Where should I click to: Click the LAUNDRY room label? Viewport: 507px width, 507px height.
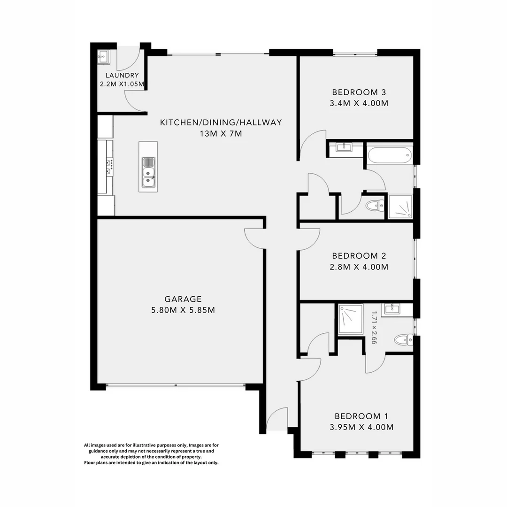(122, 75)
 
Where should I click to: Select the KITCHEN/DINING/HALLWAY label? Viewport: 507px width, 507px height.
(221, 123)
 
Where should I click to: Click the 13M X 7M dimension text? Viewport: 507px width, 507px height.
(221, 134)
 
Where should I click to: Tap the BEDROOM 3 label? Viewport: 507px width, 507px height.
(359, 92)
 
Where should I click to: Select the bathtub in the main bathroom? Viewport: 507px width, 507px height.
(390, 155)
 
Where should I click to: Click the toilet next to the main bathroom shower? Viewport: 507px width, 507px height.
(375, 206)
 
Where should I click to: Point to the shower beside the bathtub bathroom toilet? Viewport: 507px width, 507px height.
(400, 207)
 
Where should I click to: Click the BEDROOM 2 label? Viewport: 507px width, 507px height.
(359, 256)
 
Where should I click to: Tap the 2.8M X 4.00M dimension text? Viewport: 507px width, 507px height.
(359, 267)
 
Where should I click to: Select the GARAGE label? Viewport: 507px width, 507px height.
(183, 299)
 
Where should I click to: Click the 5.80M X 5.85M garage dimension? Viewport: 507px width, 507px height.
(183, 310)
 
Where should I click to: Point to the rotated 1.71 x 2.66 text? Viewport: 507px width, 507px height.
(374, 328)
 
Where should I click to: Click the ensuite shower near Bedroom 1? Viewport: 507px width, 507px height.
(350, 319)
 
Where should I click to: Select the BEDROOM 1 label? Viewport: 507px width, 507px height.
(361, 416)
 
